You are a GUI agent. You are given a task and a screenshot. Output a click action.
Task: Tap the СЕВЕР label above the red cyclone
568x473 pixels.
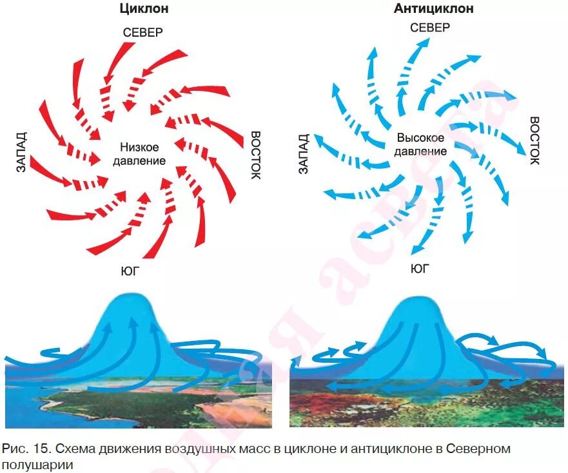point(142,32)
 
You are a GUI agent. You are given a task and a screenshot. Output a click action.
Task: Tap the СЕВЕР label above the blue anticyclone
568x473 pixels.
point(430,27)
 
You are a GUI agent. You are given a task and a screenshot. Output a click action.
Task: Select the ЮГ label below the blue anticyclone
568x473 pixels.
point(420,269)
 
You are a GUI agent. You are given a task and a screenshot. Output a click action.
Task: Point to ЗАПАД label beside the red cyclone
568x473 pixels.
point(21,152)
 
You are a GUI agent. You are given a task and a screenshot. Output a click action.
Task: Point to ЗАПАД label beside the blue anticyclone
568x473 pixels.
point(304,153)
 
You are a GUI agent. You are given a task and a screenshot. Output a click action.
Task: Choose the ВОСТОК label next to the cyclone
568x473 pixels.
point(255,155)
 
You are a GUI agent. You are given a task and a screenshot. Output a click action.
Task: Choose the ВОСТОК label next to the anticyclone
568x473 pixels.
point(534,140)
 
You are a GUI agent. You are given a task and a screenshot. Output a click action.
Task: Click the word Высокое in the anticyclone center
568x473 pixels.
point(420,138)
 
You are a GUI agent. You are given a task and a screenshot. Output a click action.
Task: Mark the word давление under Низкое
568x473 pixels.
point(139,160)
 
